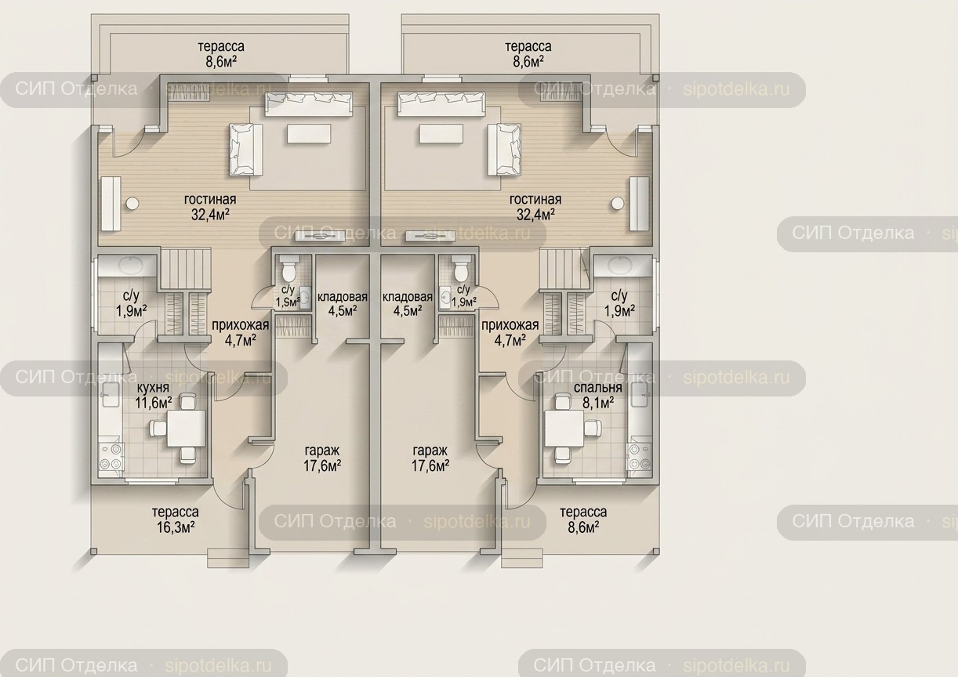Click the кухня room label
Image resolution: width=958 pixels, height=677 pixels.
(x=153, y=388)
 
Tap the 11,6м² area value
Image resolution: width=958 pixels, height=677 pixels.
(x=154, y=403)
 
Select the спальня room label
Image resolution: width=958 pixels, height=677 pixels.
(x=598, y=388)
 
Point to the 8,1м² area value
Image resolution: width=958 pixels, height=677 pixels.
(x=598, y=403)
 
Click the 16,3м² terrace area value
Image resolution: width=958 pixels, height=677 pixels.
(x=176, y=527)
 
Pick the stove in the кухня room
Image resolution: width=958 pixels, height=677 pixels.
(x=111, y=457)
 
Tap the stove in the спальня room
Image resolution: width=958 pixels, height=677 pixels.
(x=639, y=457)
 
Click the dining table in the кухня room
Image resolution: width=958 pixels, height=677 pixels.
(x=186, y=429)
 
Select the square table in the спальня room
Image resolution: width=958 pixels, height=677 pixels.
(x=564, y=429)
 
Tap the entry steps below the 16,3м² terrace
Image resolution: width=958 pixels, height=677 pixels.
(x=228, y=558)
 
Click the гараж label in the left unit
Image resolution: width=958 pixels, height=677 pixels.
(x=322, y=451)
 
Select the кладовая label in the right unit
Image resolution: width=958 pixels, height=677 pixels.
(x=408, y=297)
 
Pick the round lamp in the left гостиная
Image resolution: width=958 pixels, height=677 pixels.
(x=132, y=204)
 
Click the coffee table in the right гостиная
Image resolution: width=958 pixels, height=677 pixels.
(x=441, y=133)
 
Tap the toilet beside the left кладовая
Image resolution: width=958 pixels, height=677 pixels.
(x=288, y=267)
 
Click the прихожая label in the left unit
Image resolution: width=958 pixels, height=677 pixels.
(x=241, y=325)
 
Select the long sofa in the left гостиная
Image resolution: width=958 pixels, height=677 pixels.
(x=309, y=104)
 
